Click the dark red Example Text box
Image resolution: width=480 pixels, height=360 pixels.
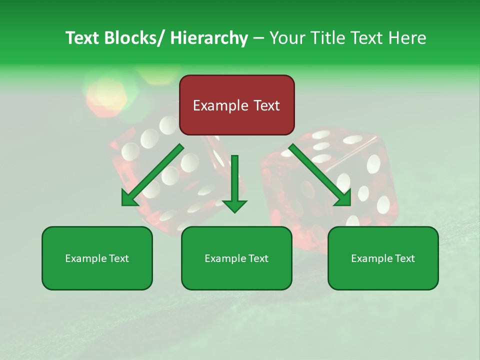236,105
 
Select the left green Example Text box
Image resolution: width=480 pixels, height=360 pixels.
97,258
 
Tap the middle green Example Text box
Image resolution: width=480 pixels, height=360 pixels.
236,258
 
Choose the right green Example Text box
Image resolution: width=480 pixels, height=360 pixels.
383,258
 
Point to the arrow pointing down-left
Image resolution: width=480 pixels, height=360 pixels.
152,175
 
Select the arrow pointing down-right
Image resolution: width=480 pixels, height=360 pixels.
320,175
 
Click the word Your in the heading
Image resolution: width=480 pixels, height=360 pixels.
286,38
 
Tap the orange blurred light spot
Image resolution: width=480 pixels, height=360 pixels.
105,96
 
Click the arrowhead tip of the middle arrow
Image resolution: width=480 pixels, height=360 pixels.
234,211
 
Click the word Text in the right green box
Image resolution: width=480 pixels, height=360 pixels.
404,258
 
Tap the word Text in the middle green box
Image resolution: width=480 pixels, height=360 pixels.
258,258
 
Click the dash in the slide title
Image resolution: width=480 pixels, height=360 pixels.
258,38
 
